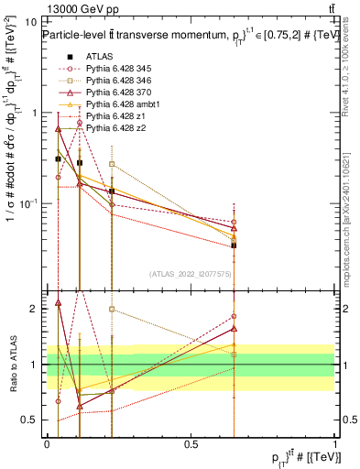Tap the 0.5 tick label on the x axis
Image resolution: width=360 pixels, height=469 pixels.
point(191,443)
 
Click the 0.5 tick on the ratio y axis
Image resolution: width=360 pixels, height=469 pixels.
point(32,420)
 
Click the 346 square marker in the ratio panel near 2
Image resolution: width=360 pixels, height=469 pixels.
point(112,310)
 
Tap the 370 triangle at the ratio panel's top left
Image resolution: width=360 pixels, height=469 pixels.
point(58,301)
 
